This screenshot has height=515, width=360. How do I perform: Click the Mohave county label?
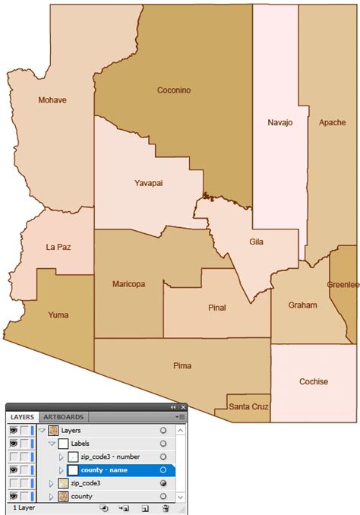(x=52, y=100)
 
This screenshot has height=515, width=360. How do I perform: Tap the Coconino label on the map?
(x=174, y=90)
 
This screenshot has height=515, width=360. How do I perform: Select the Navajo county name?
(x=279, y=122)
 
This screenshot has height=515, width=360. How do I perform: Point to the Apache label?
(x=332, y=122)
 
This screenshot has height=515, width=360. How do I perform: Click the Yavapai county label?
(x=149, y=183)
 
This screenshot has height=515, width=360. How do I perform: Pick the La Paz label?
(x=58, y=247)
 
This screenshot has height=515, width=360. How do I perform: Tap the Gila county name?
(x=257, y=242)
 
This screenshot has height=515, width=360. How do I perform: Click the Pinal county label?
(x=217, y=308)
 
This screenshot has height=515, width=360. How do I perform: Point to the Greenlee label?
(x=343, y=285)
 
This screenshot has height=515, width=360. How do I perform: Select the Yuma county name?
(x=58, y=314)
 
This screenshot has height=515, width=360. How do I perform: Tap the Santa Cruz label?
(x=248, y=407)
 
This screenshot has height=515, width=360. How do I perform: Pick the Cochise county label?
(x=313, y=382)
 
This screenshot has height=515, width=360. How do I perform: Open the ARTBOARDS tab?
(x=64, y=417)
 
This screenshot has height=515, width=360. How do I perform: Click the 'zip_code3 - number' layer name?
(x=111, y=457)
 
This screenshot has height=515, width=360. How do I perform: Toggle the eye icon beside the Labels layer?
(x=14, y=444)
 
